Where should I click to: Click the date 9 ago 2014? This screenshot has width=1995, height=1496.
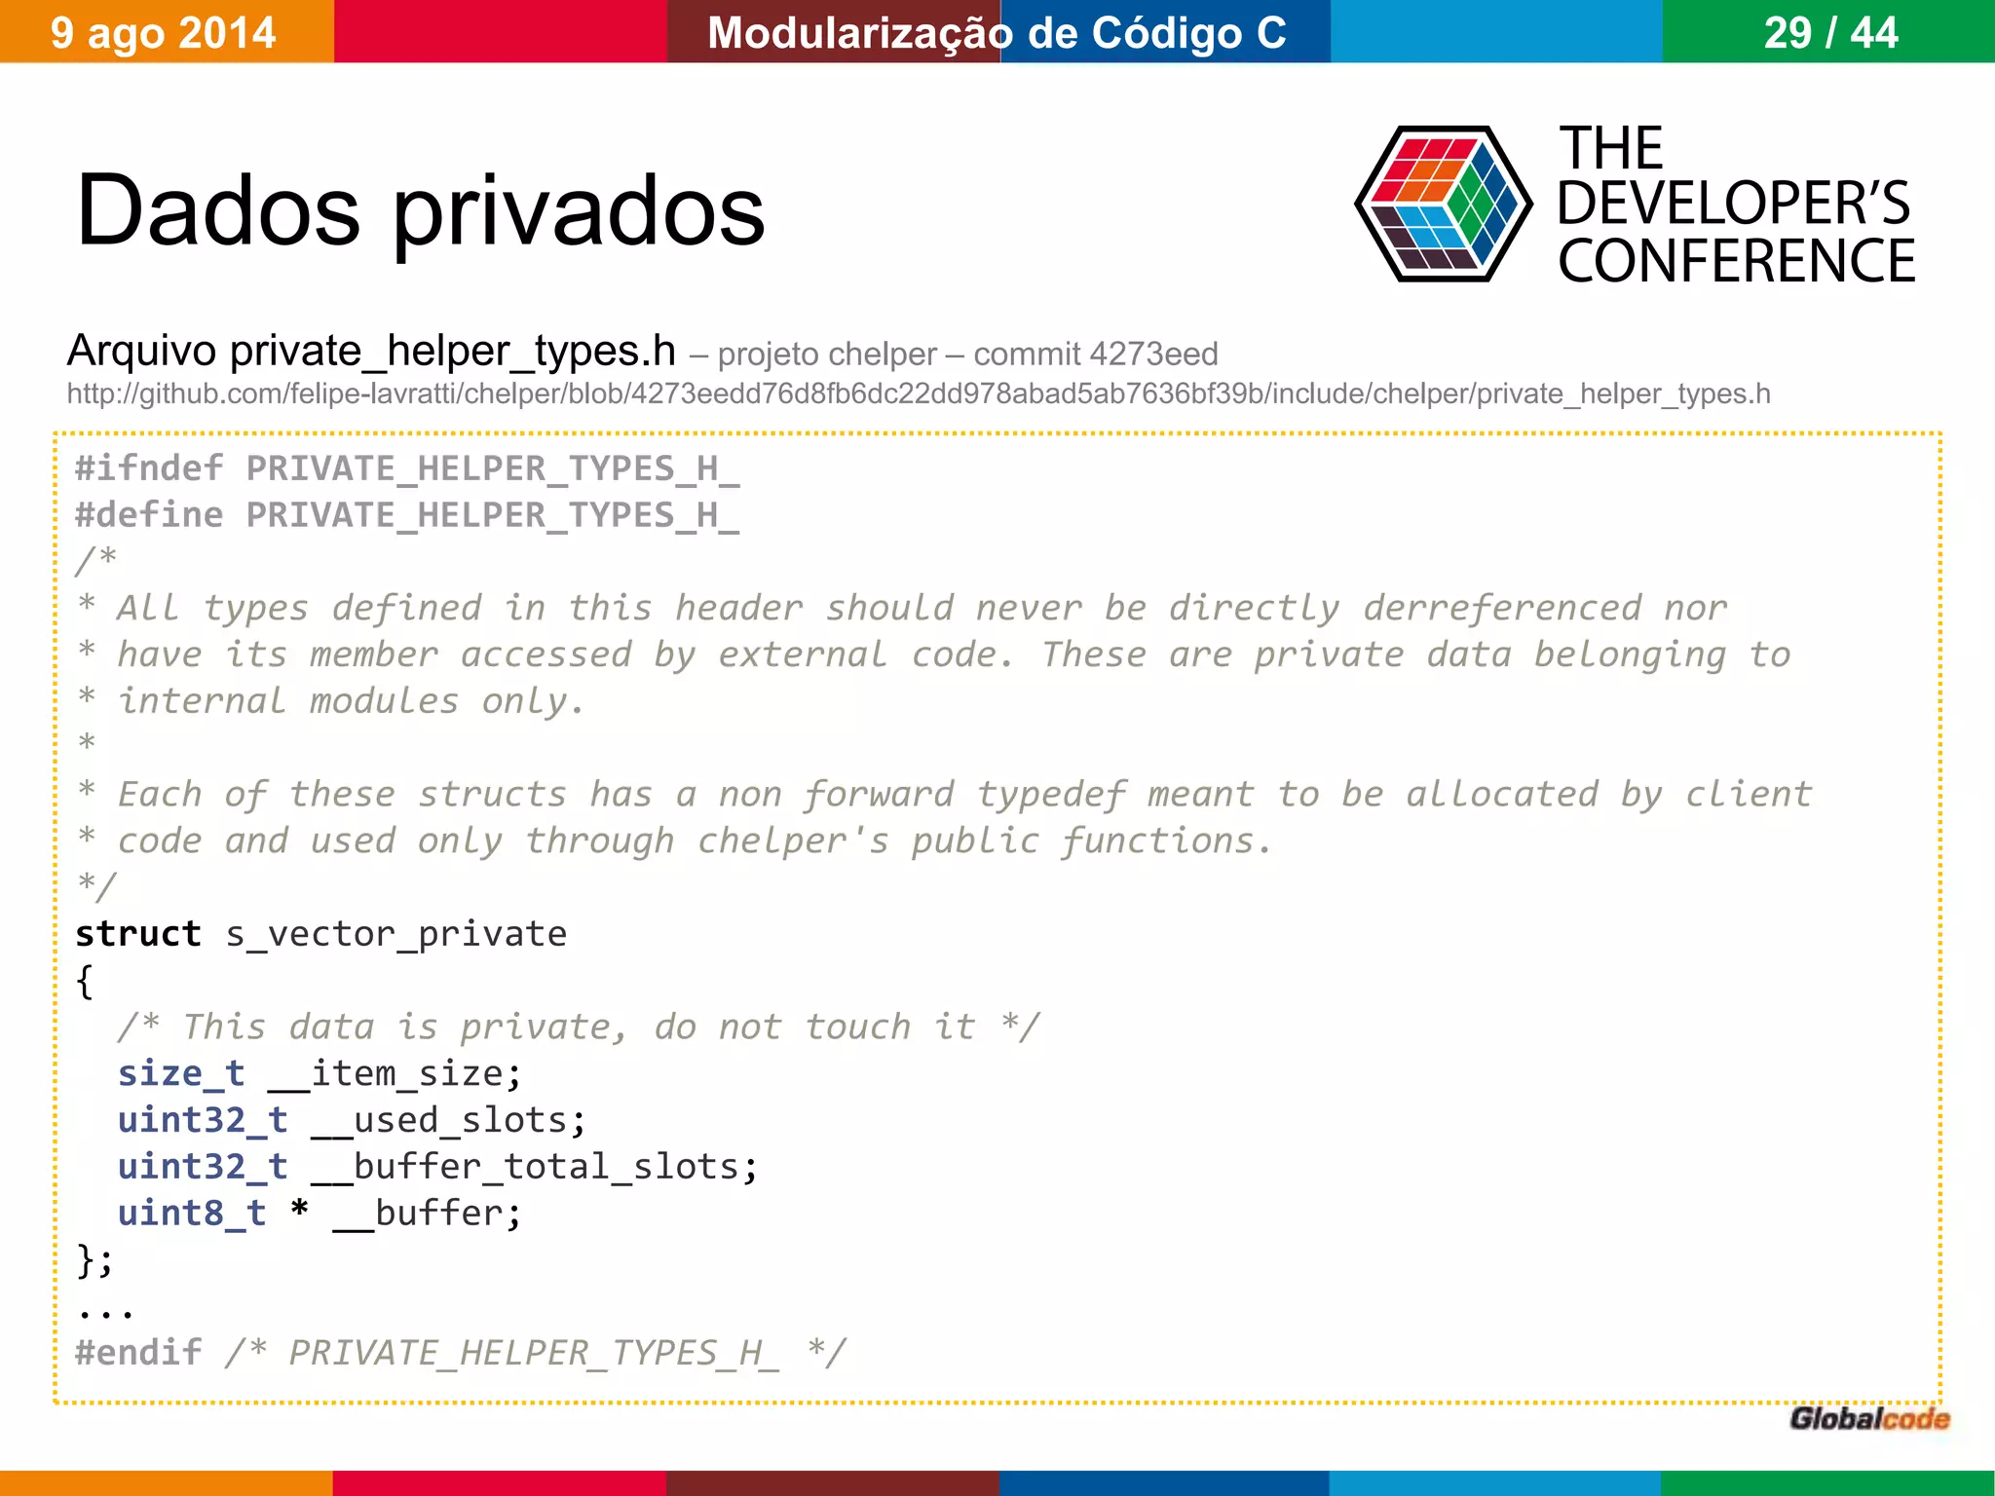(163, 33)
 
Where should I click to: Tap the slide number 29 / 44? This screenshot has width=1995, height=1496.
(1830, 33)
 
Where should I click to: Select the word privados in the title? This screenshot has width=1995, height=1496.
(579, 211)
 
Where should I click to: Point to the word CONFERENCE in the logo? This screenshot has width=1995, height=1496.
(1736, 261)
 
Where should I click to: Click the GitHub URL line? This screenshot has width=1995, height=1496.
(918, 393)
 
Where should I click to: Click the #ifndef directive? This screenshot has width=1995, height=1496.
(149, 468)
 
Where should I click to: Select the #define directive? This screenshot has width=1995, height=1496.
(149, 515)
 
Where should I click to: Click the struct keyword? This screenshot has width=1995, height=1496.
(138, 934)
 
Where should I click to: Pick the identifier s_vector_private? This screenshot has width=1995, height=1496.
(395, 934)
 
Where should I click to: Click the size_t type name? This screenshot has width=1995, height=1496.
(181, 1073)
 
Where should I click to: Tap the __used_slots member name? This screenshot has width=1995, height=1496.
(448, 1120)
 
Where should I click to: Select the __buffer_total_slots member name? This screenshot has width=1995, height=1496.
(534, 1167)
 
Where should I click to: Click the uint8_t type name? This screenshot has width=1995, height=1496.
(192, 1214)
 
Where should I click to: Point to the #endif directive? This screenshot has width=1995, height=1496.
(138, 1353)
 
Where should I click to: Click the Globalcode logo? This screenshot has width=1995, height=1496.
(1869, 1419)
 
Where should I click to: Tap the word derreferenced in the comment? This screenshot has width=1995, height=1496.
(1502, 609)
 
